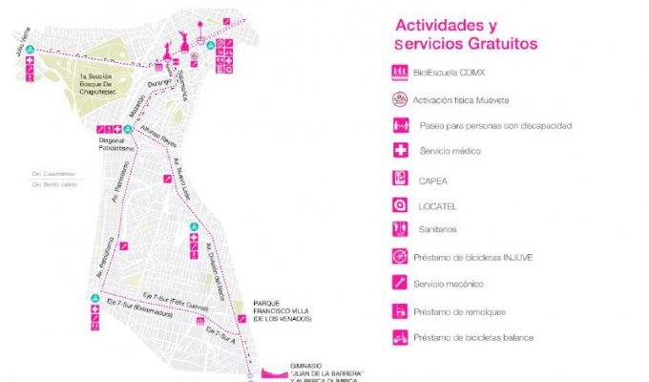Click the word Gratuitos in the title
point(492,44)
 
